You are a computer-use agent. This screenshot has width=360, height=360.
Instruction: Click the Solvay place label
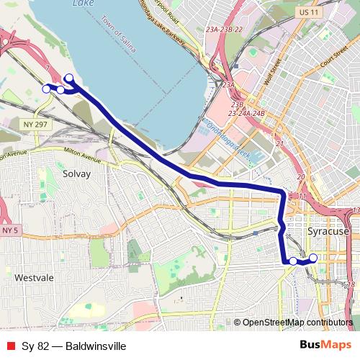point(77,174)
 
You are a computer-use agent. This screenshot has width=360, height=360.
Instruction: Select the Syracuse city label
point(328,233)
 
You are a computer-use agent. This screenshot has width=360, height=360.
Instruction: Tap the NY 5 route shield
point(9,230)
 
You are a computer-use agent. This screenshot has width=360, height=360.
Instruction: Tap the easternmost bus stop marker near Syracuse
point(313,258)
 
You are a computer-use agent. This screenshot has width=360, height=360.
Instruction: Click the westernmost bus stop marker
point(47,89)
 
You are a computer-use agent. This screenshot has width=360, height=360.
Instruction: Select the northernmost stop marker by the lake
point(69,78)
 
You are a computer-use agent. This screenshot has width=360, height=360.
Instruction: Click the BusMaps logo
point(325,345)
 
